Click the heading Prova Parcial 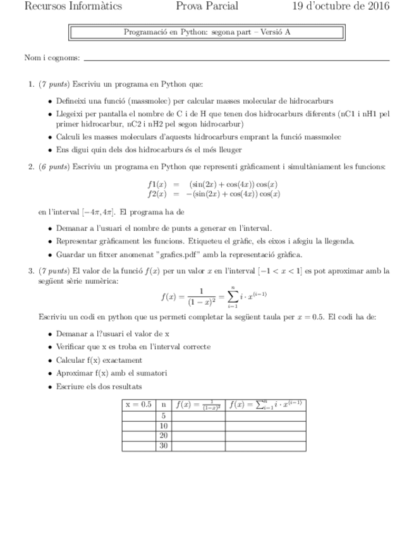click(207, 7)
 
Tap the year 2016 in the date click(375, 7)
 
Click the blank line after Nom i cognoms click(236, 59)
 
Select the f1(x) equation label click(156, 185)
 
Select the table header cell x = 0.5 click(138, 404)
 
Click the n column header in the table click(164, 404)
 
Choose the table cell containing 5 click(164, 415)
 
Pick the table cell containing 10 click(164, 425)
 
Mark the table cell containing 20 click(164, 435)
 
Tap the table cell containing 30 click(164, 446)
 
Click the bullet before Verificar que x click(51, 346)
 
